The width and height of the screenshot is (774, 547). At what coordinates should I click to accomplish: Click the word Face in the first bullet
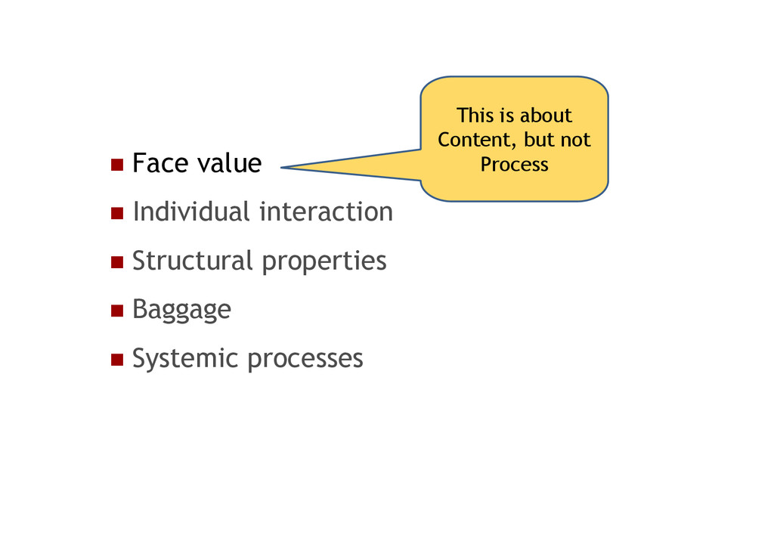tap(160, 163)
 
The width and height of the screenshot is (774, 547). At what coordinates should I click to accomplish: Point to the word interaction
tap(326, 212)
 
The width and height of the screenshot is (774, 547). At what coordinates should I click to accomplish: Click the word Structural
tap(192, 261)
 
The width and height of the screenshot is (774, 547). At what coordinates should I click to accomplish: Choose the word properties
tap(324, 262)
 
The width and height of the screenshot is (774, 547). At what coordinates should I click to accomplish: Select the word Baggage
tap(181, 310)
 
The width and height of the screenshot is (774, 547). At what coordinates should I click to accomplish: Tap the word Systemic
tap(185, 358)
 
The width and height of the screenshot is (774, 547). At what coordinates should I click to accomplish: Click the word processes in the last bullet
tap(305, 359)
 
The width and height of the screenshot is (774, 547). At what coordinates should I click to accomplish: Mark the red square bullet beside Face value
tap(116, 165)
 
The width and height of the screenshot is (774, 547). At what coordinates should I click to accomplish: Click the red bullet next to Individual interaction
tap(116, 213)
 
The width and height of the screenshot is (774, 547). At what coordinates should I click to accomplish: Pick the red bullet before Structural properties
tap(116, 262)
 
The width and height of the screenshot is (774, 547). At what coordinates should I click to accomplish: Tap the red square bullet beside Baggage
tap(116, 311)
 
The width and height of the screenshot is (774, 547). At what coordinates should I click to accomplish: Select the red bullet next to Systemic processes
tap(116, 359)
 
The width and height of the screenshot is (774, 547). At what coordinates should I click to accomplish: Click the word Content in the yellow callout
tap(473, 141)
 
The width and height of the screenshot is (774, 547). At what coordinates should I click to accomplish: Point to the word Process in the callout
tap(514, 165)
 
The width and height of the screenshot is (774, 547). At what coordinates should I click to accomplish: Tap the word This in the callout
tap(475, 116)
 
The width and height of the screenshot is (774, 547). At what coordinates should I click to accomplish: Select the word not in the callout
tap(576, 141)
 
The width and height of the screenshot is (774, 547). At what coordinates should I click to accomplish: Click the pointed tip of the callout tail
tap(281, 168)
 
